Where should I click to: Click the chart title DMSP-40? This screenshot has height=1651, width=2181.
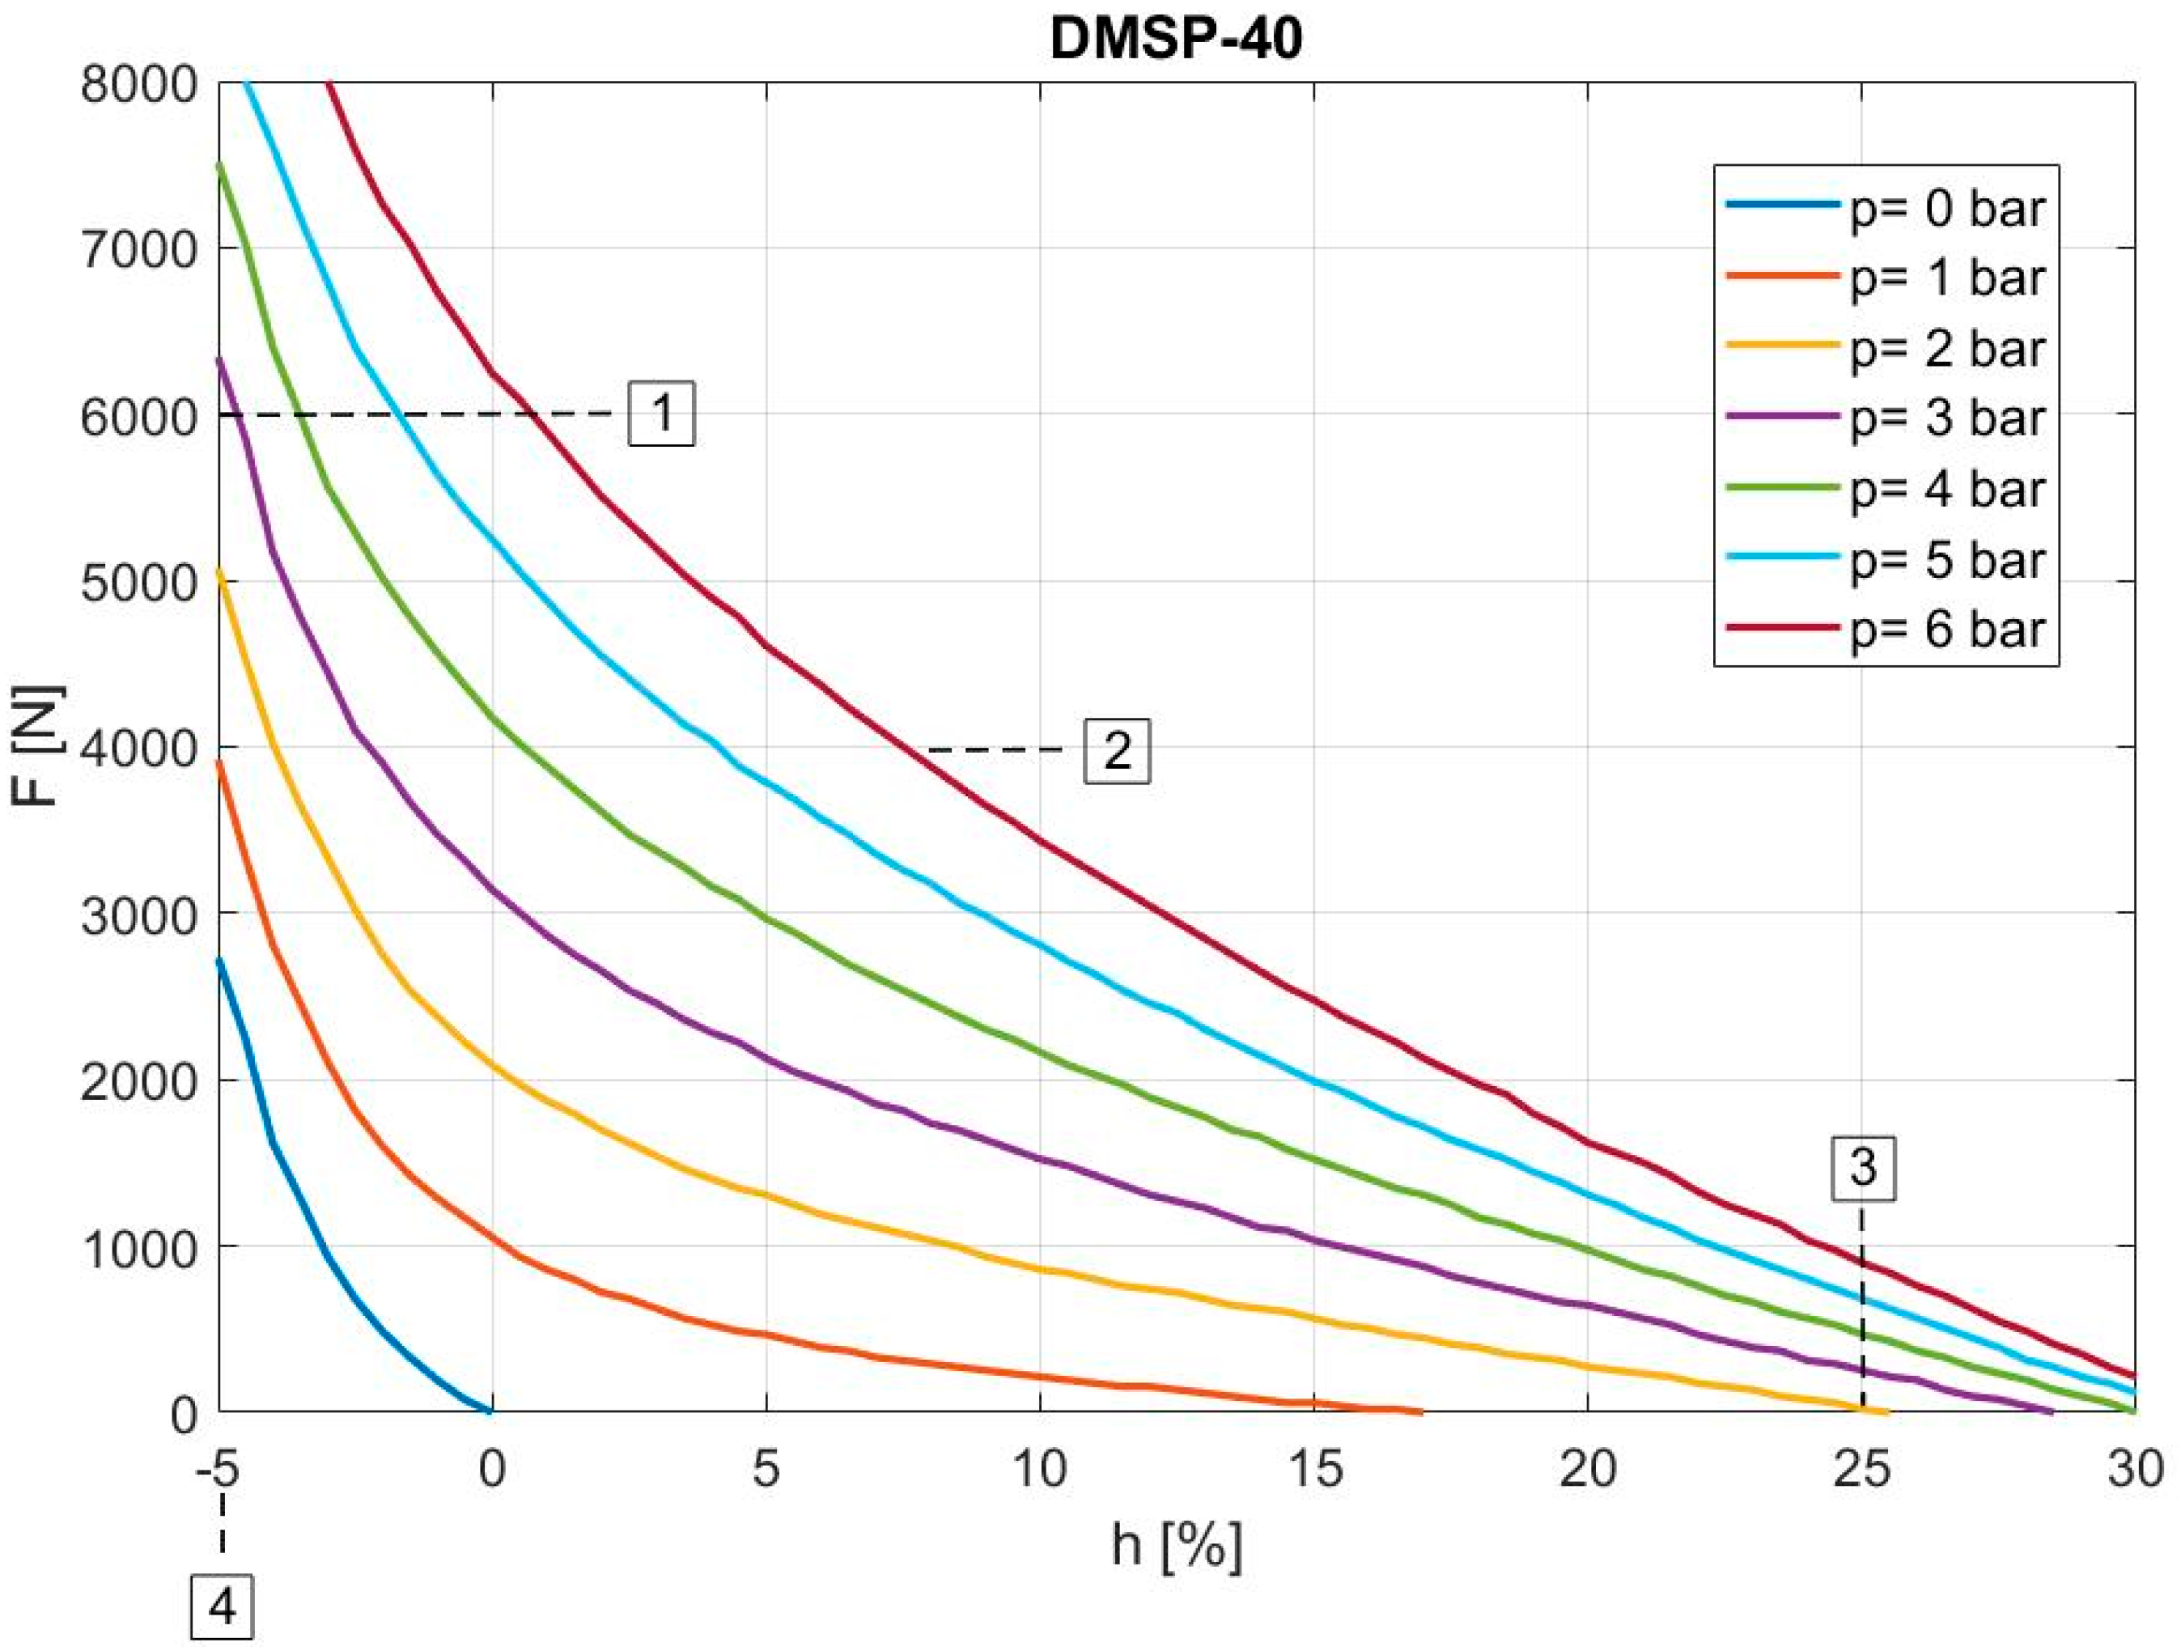[1176, 40]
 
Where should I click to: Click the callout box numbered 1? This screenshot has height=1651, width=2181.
[662, 414]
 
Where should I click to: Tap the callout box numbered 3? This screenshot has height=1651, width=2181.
[1862, 1169]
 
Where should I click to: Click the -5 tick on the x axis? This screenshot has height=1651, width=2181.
[218, 1471]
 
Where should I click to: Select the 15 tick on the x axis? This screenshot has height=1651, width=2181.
[1314, 1471]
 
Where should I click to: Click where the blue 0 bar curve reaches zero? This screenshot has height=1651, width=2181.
[490, 1411]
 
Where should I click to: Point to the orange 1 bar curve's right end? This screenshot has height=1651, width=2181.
[1422, 1412]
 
